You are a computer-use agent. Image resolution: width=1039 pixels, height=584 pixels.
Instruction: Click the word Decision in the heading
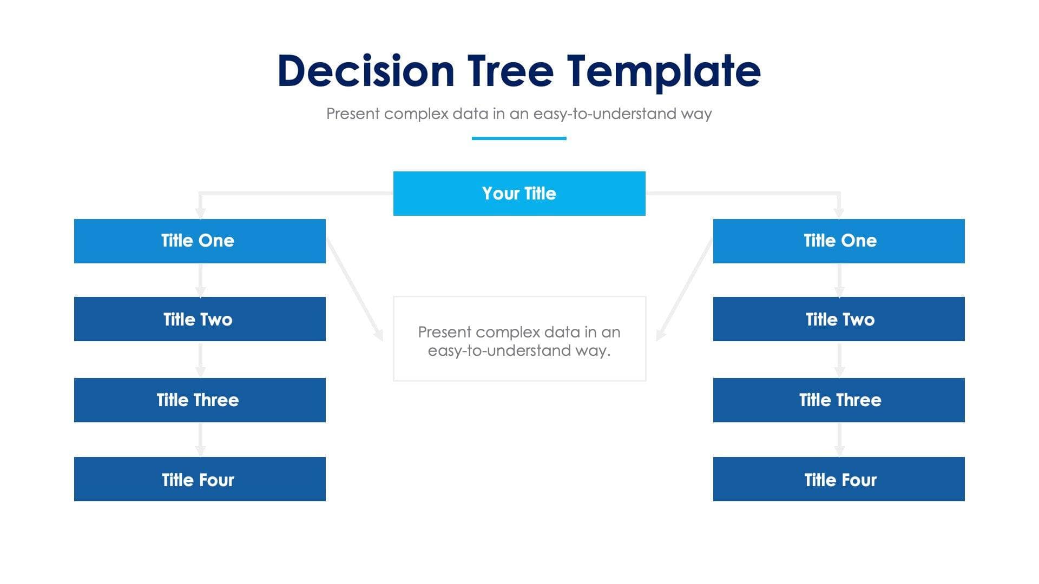[x=366, y=71]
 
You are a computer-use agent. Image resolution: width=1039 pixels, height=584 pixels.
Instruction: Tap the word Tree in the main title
[x=510, y=71]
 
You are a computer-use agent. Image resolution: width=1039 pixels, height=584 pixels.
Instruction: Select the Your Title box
[x=519, y=194]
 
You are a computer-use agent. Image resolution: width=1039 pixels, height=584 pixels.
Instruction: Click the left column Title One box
[x=200, y=241]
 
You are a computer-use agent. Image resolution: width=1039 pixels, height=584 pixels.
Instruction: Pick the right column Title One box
[x=839, y=241]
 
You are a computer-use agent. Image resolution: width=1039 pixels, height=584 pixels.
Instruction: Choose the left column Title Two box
[x=200, y=319]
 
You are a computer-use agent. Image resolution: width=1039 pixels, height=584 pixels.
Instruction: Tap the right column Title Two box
[x=839, y=319]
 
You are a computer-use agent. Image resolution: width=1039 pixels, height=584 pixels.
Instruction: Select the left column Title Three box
[x=200, y=400]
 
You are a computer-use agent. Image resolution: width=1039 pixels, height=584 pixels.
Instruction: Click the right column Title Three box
[x=839, y=400]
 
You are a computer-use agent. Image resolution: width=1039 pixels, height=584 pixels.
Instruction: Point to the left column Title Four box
[x=200, y=479]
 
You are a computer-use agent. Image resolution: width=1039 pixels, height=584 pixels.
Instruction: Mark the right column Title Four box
[x=839, y=479]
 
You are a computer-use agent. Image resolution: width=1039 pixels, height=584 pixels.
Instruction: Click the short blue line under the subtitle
[x=519, y=138]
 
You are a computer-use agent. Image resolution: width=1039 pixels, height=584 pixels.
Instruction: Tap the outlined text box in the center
[x=519, y=339]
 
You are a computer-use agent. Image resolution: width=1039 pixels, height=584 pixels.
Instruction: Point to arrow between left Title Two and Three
[x=200, y=360]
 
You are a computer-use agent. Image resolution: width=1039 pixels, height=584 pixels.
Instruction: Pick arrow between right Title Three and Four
[x=839, y=439]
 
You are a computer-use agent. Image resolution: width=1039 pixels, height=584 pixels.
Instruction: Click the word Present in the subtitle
[x=353, y=114]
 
